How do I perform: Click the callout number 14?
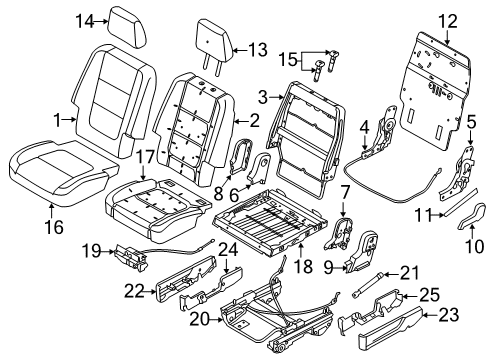85,21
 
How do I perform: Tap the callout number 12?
448,21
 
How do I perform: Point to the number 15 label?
288,59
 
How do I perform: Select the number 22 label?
135,291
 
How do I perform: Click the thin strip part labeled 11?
460,202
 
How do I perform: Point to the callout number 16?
54,227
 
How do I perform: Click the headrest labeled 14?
128,27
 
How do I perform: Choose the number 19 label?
92,251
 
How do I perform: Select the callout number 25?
429,295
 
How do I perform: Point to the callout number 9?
329,267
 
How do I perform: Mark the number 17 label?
144,157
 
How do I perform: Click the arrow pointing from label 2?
241,121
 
